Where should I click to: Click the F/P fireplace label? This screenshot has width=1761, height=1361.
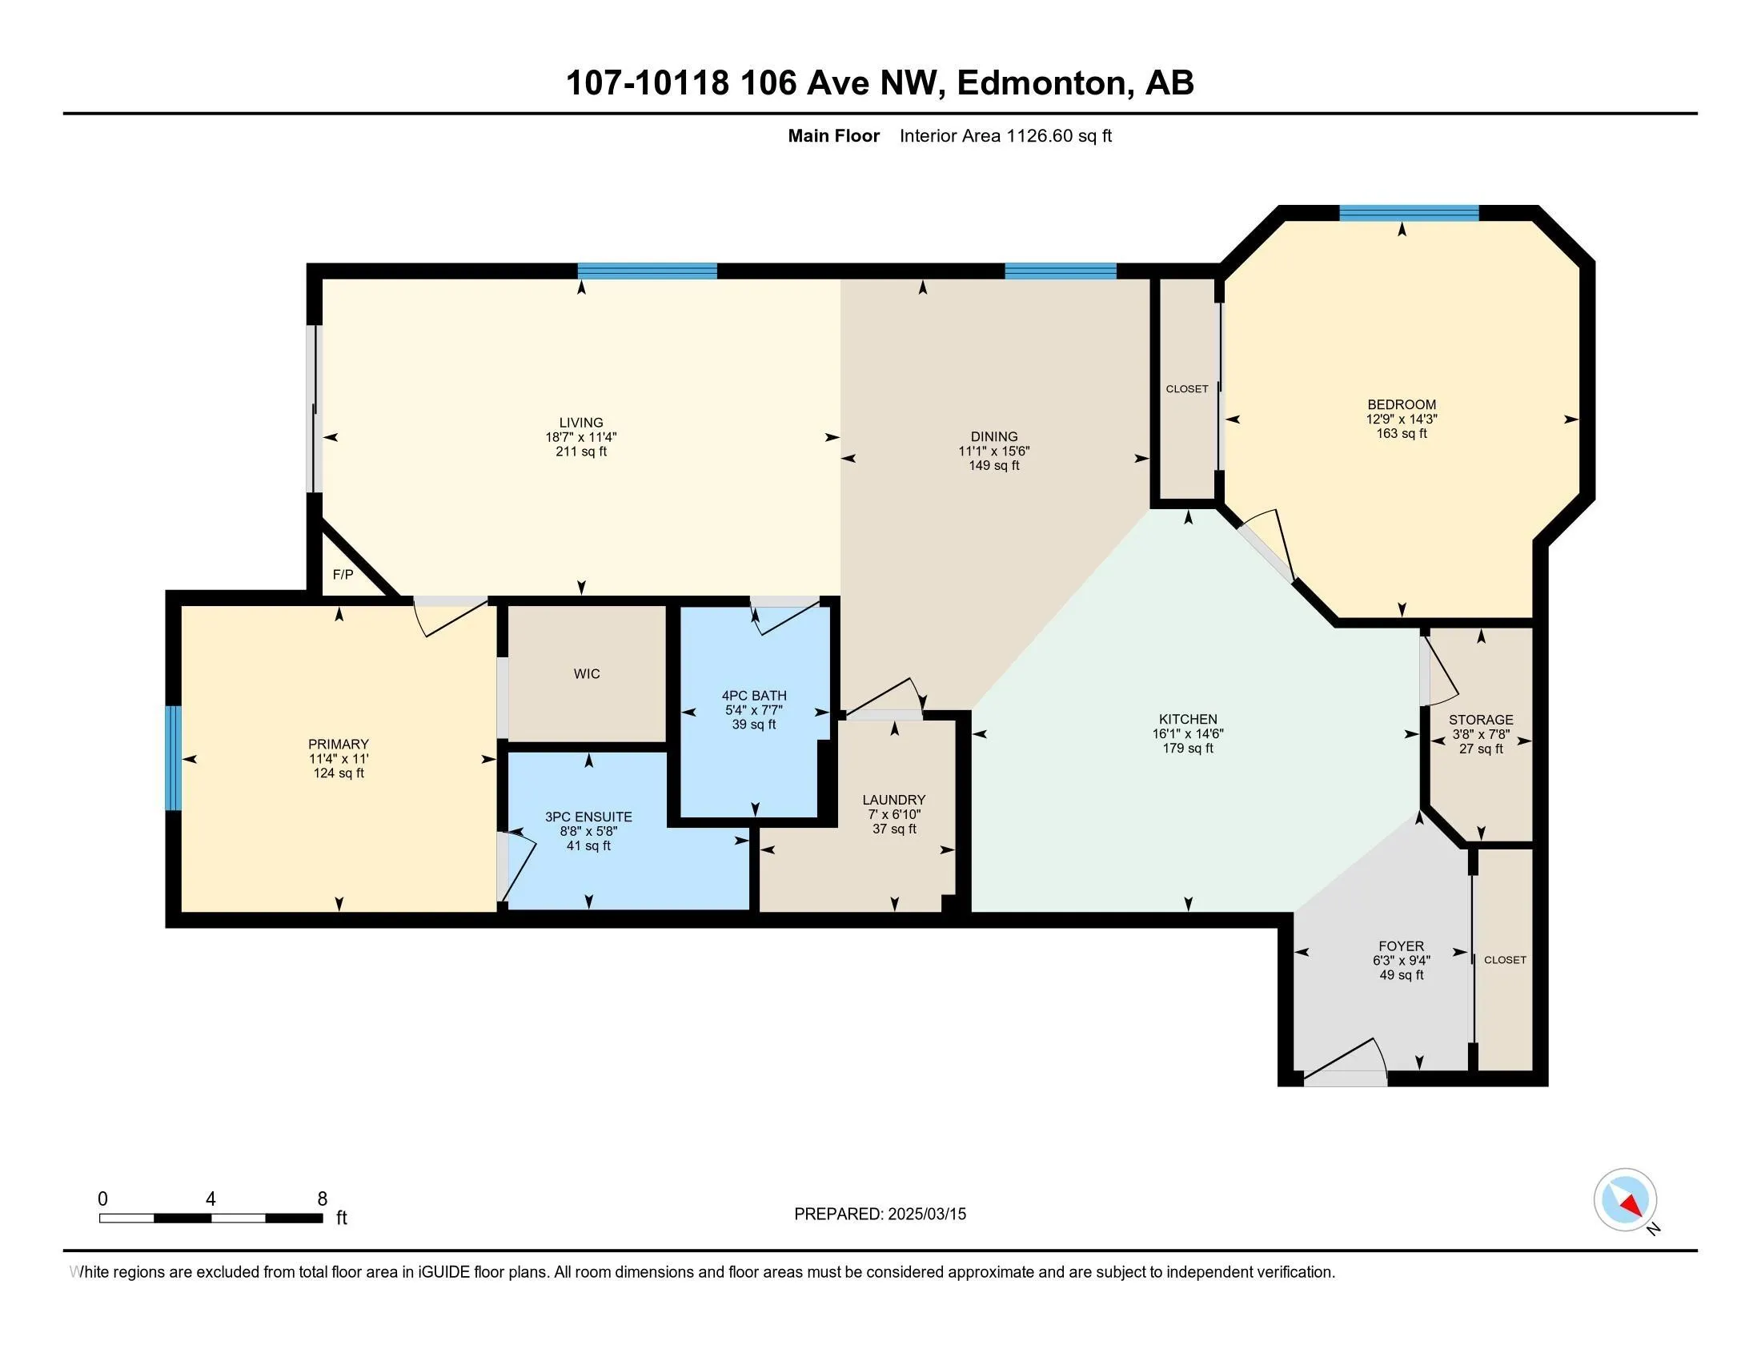pyautogui.click(x=343, y=575)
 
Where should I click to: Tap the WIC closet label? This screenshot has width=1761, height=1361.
pyautogui.click(x=587, y=674)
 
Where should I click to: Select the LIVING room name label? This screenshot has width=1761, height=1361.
pyautogui.click(x=581, y=423)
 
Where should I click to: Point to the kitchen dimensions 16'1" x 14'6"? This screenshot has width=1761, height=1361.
pyautogui.click(x=1188, y=733)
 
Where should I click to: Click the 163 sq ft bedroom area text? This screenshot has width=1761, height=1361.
pyautogui.click(x=1402, y=434)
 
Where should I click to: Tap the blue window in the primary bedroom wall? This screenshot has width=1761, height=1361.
pyautogui.click(x=174, y=757)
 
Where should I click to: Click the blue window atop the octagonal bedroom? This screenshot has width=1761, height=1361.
pyautogui.click(x=1409, y=213)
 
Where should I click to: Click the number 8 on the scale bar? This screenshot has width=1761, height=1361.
pyautogui.click(x=323, y=1199)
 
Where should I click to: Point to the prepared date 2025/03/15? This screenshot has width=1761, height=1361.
pyautogui.click(x=926, y=1214)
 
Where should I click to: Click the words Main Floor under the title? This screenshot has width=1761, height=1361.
pyautogui.click(x=834, y=136)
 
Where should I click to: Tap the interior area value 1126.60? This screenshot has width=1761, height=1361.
pyautogui.click(x=1039, y=136)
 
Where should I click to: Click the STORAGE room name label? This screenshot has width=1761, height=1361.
pyautogui.click(x=1480, y=720)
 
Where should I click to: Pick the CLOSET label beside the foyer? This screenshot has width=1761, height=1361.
pyautogui.click(x=1505, y=960)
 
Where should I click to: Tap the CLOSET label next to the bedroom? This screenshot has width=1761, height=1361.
pyautogui.click(x=1187, y=389)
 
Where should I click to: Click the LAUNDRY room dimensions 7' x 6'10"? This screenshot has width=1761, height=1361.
pyautogui.click(x=894, y=814)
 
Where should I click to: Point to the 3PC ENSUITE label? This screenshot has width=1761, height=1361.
pyautogui.click(x=588, y=817)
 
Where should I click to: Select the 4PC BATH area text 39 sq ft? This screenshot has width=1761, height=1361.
pyautogui.click(x=754, y=725)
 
